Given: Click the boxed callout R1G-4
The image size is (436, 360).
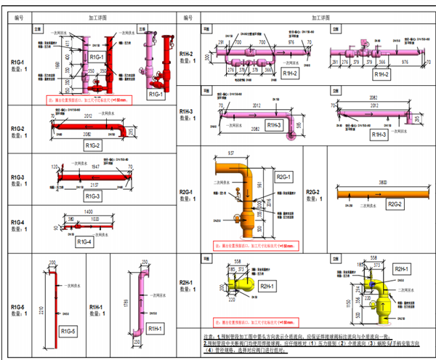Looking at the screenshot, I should click(85, 241).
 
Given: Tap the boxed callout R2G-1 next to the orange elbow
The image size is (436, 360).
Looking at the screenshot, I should click(283, 177).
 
